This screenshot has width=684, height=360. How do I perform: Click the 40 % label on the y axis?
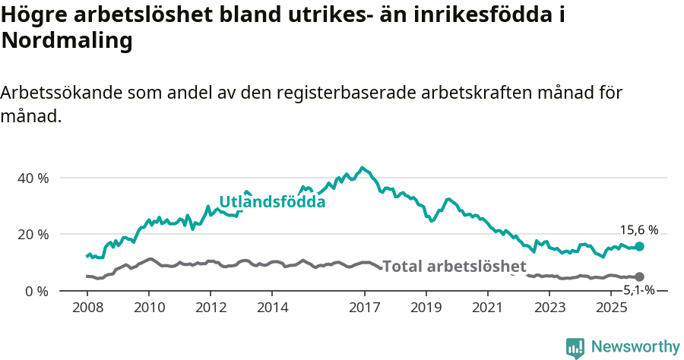pos(33,178)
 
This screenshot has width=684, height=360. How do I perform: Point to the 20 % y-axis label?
pos(33,234)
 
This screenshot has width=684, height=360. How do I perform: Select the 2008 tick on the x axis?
pos(87,308)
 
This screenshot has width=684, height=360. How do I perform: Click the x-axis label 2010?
pos(148,308)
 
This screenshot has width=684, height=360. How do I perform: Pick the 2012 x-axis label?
pos(211,308)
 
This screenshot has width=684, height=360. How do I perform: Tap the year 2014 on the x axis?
pos(272,308)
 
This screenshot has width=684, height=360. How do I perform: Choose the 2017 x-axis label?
pos(364,308)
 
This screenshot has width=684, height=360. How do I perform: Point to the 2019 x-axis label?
pos(426,308)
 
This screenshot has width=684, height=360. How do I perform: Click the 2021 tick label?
pos(488,308)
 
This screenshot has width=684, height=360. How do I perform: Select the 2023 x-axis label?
pos(549,308)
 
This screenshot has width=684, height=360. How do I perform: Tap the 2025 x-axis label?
pos(611,308)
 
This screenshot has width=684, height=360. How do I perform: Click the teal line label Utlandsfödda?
pos(272,202)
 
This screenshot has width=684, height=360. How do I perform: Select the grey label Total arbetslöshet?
pos(454,267)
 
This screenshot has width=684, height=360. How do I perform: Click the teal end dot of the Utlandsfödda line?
pos(639,246)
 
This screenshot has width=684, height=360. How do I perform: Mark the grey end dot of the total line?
pos(639,277)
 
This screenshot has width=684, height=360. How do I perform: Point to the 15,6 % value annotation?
pos(639,230)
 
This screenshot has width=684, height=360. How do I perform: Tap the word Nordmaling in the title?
pos(67,41)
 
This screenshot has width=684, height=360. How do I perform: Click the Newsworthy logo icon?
pos(575,348)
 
